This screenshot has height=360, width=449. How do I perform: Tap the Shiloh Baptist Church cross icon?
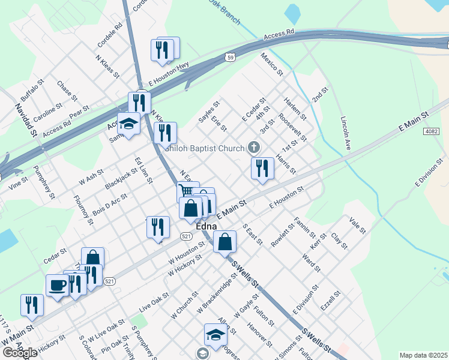[254, 148]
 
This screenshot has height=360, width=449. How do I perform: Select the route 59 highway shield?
[231, 58]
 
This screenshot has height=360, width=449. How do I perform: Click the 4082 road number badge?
[430, 131]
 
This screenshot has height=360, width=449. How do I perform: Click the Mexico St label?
[271, 64]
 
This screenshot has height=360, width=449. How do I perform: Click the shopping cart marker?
[187, 191]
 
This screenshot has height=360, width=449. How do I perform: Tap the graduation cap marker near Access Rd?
[128, 124]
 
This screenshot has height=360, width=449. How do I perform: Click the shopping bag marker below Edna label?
[224, 242]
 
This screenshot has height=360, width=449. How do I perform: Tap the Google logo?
[19, 352]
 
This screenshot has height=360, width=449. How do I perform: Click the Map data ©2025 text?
[423, 355]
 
